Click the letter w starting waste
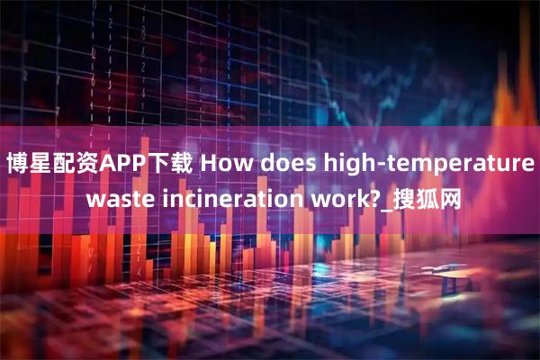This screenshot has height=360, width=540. (x=94, y=198)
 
